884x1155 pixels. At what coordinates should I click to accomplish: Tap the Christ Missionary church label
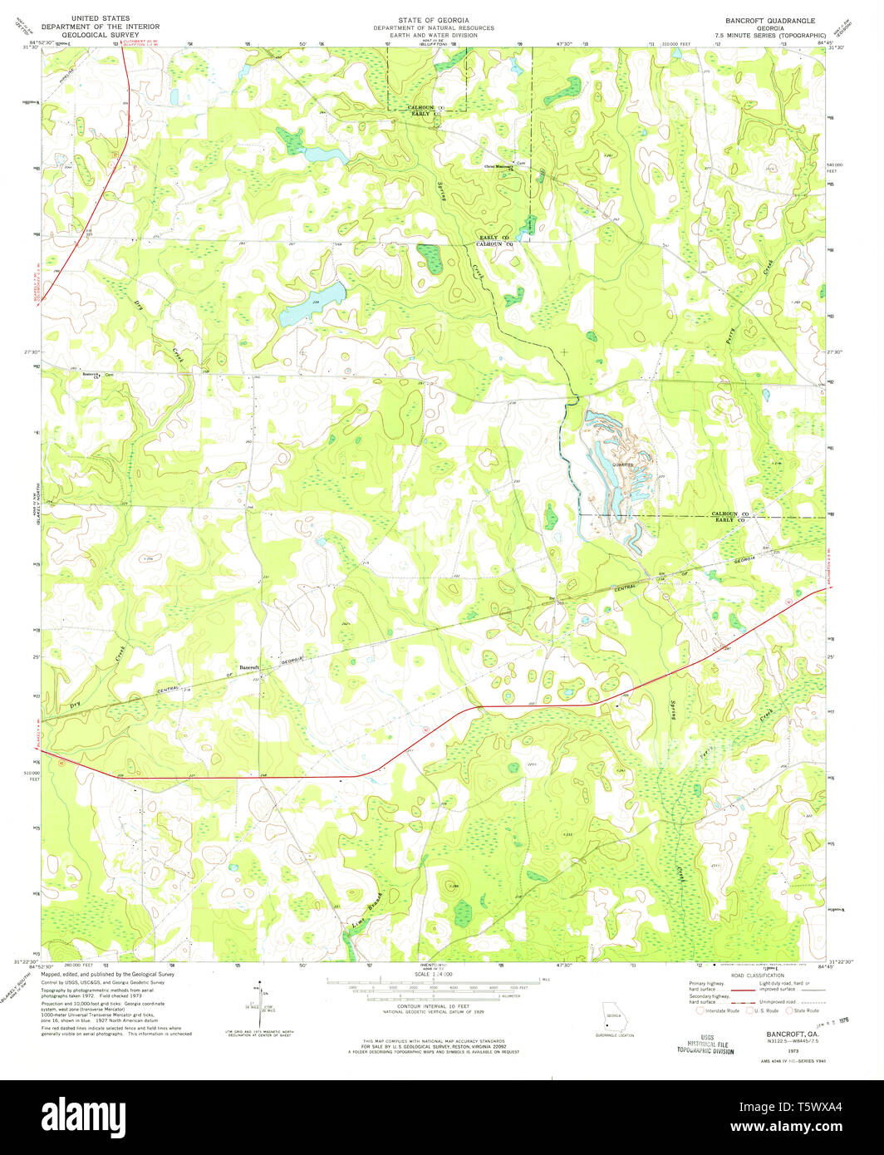[x=498, y=165]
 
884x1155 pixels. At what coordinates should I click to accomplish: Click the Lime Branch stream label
[x=367, y=912]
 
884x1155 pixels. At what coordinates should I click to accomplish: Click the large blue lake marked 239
[x=312, y=304]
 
